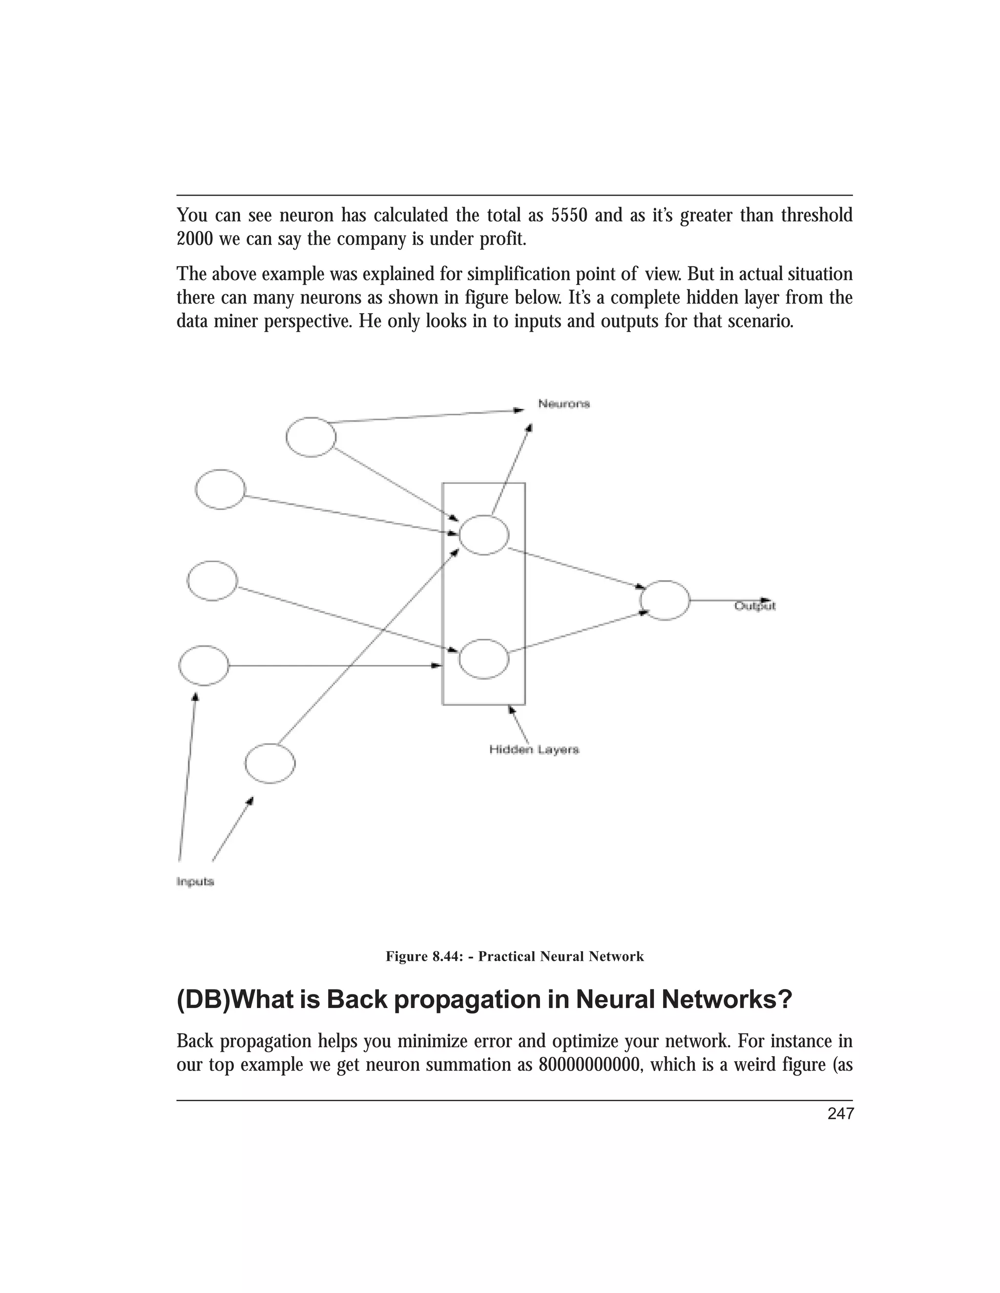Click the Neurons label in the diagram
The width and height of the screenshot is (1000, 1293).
pos(563,404)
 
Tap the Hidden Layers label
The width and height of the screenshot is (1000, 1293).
pos(534,749)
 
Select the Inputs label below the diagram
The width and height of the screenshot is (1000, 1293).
pos(195,882)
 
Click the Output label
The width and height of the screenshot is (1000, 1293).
pos(755,606)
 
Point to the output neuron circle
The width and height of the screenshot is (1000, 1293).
pos(665,600)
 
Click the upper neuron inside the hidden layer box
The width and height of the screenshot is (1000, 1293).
pos(484,535)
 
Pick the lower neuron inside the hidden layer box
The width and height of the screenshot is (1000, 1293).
pos(484,659)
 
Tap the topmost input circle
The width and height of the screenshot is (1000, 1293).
pos(311,437)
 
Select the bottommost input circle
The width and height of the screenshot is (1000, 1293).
pos(270,764)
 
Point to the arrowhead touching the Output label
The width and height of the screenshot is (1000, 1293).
pos(766,599)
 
